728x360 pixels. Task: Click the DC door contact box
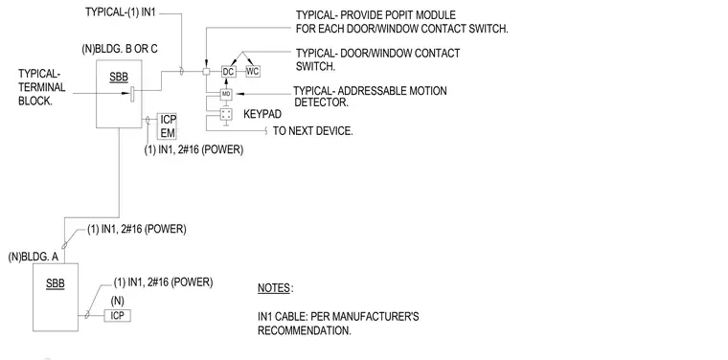point(228,72)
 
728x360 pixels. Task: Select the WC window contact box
point(253,72)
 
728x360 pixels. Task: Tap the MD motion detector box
point(226,94)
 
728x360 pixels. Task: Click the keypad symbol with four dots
point(226,115)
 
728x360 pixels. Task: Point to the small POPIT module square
point(207,72)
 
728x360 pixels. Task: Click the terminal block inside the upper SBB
point(132,94)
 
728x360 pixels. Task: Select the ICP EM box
point(167,126)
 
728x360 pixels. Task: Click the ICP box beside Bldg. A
point(117,316)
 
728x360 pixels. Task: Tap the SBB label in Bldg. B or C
point(119,78)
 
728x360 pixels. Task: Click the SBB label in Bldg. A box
point(56,283)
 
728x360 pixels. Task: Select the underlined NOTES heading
point(274,288)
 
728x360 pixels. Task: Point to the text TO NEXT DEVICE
point(312,131)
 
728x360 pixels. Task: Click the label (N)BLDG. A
point(34,257)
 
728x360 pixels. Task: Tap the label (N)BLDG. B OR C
point(123,49)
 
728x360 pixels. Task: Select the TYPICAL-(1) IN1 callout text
point(121,12)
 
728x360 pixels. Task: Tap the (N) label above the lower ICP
point(118,301)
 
